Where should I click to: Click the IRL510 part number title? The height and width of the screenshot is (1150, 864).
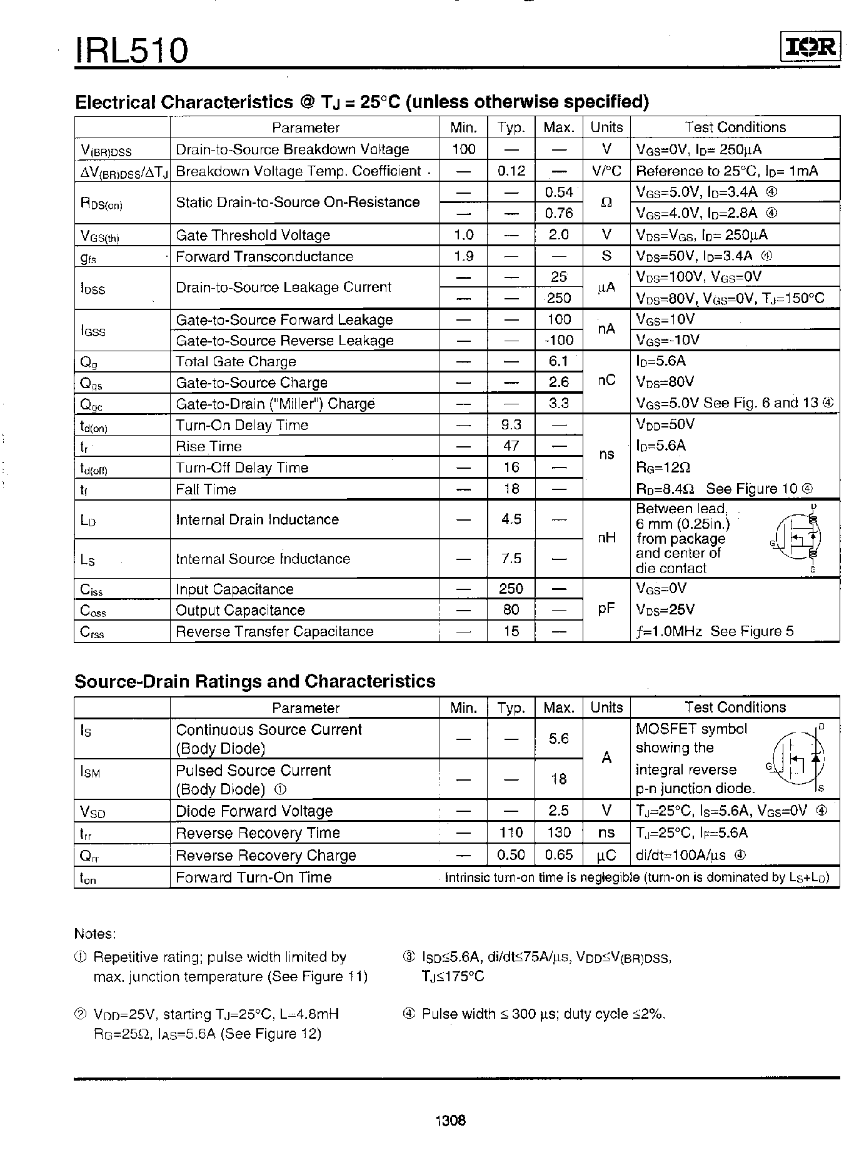pos(131,50)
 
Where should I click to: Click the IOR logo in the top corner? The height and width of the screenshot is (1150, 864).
pos(810,47)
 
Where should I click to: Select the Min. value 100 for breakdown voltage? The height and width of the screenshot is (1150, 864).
pos(463,149)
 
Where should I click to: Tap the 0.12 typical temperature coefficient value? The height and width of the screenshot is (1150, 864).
pos(511,171)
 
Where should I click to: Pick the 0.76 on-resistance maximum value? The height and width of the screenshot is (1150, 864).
pos(558,213)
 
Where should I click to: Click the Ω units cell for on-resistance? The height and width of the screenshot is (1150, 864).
pos(606,202)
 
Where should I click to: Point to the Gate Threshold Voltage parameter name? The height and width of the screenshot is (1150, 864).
pos(253,235)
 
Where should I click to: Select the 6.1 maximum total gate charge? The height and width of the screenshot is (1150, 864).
pos(558,361)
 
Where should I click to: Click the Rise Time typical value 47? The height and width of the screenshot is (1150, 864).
pos(511,446)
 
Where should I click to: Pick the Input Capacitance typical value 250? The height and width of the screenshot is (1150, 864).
pos(511,589)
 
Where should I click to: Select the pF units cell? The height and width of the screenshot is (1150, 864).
pos(606,609)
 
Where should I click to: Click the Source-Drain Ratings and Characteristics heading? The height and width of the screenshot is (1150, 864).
pos(254,681)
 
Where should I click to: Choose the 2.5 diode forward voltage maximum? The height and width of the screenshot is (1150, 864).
pos(558,811)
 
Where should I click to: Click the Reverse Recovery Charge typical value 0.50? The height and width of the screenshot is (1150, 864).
pos(511,855)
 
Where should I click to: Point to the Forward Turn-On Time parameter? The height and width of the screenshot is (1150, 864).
pos(253,877)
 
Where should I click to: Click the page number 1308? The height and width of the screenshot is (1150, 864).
pos(450,1121)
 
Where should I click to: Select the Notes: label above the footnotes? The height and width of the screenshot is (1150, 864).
pos(95,934)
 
